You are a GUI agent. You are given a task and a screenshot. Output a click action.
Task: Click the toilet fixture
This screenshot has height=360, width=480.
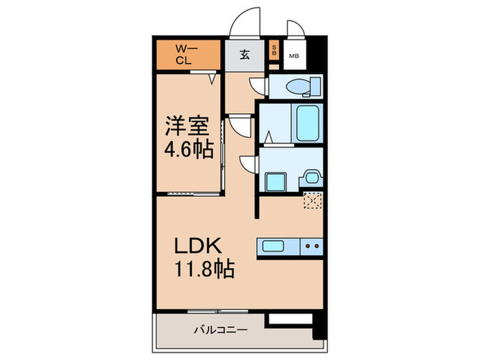(302, 87)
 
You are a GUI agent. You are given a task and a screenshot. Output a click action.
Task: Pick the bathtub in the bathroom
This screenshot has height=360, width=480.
(306, 121)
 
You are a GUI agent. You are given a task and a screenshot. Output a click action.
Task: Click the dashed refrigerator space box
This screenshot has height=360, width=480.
(313, 200)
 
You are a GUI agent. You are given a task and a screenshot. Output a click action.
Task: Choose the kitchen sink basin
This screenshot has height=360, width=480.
(276, 245)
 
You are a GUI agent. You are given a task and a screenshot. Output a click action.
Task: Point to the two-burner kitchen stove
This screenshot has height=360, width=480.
(312, 245)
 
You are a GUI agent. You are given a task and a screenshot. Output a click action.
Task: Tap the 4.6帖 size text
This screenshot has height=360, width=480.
(187, 148)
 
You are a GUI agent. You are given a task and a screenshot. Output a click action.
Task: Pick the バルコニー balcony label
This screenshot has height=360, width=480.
(215, 329)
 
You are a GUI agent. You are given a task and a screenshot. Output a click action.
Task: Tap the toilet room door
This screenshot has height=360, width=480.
(257, 87)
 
